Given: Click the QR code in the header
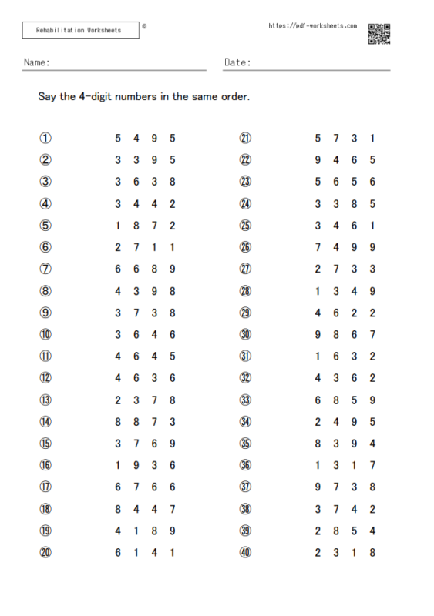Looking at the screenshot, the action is click(378, 34).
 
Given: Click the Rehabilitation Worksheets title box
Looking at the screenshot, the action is click(79, 31).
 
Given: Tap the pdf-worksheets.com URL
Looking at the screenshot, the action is click(312, 25).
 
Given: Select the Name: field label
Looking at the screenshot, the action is click(37, 62).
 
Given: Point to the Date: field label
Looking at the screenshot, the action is click(237, 62).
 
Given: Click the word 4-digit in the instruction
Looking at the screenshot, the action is click(98, 97).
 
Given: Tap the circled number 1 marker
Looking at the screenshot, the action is click(45, 139).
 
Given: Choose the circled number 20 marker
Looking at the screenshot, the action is click(45, 552).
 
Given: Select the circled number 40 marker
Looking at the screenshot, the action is click(246, 552).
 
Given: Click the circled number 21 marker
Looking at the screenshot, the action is click(246, 139).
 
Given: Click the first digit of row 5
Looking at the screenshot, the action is click(118, 226).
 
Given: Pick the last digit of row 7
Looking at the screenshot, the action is click(173, 269).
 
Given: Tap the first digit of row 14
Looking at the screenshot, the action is click(118, 422).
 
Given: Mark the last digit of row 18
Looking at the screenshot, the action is click(173, 509).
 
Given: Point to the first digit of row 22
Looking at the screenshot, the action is click(318, 160).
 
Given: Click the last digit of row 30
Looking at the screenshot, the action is click(372, 335).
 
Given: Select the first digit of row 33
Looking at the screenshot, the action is click(318, 400).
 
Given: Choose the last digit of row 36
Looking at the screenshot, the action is click(372, 465).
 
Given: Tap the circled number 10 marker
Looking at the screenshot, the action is click(45, 335).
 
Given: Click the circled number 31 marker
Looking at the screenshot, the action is click(246, 357).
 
